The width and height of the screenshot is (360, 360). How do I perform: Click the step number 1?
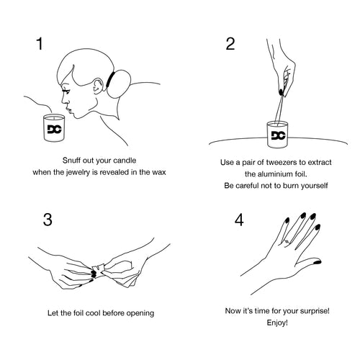click(x=40, y=44)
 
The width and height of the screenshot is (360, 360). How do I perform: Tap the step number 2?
click(x=230, y=44)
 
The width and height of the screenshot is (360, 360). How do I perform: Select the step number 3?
click(x=48, y=220)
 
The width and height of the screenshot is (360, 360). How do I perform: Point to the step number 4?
click(x=239, y=220)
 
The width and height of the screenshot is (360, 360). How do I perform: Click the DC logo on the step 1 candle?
click(x=55, y=129)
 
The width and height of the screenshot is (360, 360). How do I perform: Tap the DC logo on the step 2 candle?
click(x=278, y=135)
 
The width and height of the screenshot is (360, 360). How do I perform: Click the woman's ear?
click(x=98, y=86)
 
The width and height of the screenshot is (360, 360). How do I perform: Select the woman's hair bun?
click(x=119, y=84)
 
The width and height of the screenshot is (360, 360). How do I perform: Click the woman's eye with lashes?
click(x=66, y=91)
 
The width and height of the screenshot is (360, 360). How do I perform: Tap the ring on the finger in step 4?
click(x=287, y=242)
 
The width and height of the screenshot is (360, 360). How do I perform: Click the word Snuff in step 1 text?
click(x=69, y=161)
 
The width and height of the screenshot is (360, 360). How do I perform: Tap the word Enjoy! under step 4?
click(x=277, y=323)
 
